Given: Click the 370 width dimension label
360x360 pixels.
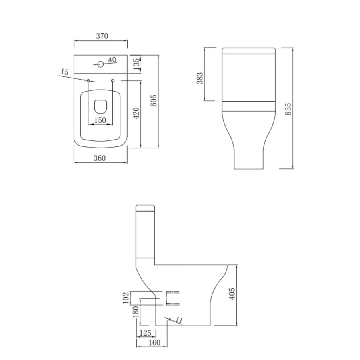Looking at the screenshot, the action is [102, 36].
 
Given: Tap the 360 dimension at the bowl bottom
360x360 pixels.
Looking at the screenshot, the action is [100, 158].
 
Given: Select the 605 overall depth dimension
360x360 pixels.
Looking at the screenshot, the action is [154, 100].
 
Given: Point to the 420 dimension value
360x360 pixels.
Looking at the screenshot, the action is [136, 113].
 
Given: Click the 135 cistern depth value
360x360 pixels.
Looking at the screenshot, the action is [136, 64].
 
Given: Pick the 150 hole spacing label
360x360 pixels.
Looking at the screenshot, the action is [100, 120].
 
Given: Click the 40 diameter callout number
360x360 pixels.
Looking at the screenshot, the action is [112, 60].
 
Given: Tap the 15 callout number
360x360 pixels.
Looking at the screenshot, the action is [64, 72].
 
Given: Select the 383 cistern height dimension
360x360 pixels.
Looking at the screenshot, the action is [200, 78].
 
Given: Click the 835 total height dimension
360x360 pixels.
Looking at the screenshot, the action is [288, 109].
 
